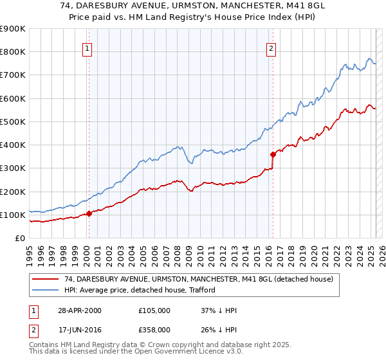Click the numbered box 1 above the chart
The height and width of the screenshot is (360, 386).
87,48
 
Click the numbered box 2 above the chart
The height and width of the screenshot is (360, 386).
271,48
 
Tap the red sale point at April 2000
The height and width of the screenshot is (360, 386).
89,214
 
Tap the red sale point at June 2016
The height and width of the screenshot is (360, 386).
273,154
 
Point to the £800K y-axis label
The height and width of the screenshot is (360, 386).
13,52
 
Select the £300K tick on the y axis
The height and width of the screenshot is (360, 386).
13,168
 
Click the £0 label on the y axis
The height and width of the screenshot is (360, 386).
21,239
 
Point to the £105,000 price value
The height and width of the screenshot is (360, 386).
154,310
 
